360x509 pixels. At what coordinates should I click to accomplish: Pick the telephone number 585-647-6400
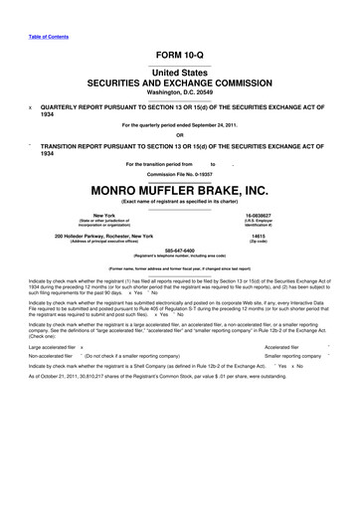[179, 251]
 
